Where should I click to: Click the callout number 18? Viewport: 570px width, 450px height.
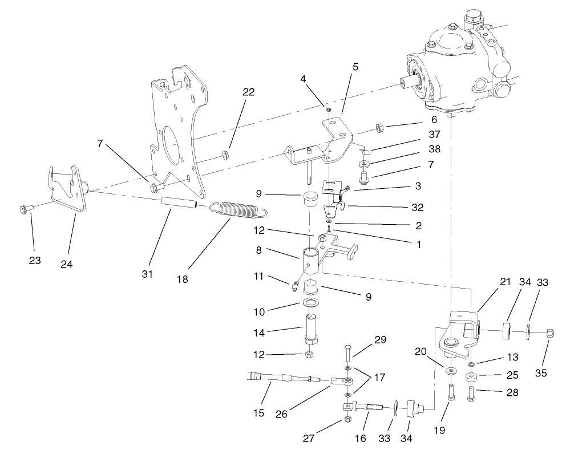pos(182,279)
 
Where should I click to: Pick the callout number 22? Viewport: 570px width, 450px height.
pos(248,92)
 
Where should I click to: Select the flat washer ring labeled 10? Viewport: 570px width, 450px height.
pos(310,302)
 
